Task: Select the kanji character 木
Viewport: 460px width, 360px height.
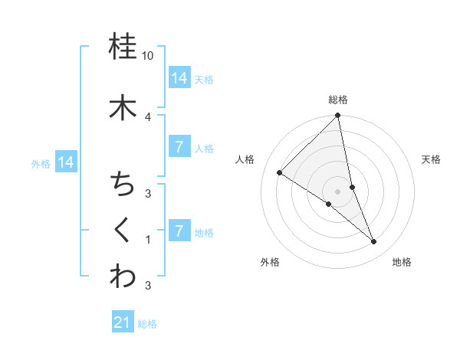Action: point(123,106)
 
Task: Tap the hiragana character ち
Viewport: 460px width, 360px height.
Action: point(123,184)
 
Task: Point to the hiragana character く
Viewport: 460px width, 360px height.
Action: point(123,230)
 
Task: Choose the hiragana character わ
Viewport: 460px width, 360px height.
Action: point(123,277)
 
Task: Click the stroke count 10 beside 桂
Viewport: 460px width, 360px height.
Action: point(148,57)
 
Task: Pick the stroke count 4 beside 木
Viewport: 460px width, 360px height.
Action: point(148,116)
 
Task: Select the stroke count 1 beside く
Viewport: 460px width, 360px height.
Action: point(148,240)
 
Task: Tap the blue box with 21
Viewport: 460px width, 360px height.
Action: point(123,322)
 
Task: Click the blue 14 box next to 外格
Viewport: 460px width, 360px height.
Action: point(66,162)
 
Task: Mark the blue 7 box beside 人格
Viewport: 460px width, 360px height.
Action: point(179,147)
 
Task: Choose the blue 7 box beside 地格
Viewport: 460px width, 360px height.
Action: point(179,231)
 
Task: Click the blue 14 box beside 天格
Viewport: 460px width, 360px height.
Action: point(179,78)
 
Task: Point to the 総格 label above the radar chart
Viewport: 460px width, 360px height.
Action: point(338,100)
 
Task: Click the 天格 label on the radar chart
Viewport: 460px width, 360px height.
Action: point(431,159)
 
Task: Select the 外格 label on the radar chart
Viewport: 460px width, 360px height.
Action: point(270,262)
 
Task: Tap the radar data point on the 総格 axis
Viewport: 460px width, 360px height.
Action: point(338,116)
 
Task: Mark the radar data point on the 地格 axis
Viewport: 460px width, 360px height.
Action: point(374,242)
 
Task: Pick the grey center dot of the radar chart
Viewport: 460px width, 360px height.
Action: point(338,191)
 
